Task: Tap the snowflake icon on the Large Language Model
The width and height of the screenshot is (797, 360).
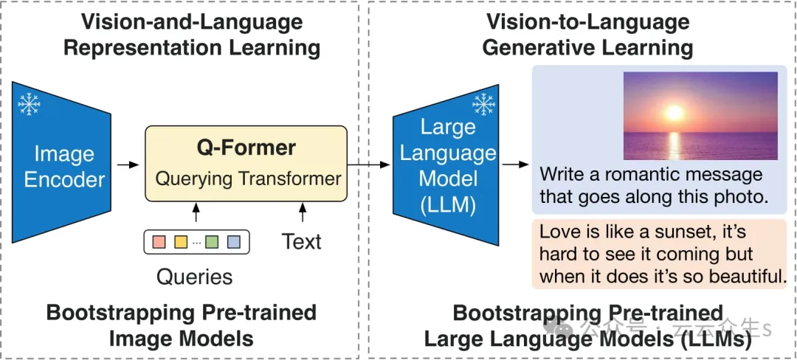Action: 483,105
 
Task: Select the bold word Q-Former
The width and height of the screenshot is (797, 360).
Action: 246,148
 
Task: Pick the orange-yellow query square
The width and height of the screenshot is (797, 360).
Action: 180,241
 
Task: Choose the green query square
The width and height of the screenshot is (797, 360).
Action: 213,241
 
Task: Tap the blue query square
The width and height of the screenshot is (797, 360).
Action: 233,241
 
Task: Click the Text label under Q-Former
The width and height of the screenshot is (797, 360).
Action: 301,241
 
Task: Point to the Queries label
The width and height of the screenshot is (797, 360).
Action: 194,277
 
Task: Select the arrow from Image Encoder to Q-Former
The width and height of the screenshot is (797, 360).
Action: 128,164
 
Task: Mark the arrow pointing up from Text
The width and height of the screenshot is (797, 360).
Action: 301,214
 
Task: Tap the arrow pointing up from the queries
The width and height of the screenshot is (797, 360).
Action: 196,214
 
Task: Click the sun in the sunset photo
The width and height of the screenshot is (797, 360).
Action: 673,113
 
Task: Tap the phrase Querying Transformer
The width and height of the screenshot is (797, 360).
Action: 248,178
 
